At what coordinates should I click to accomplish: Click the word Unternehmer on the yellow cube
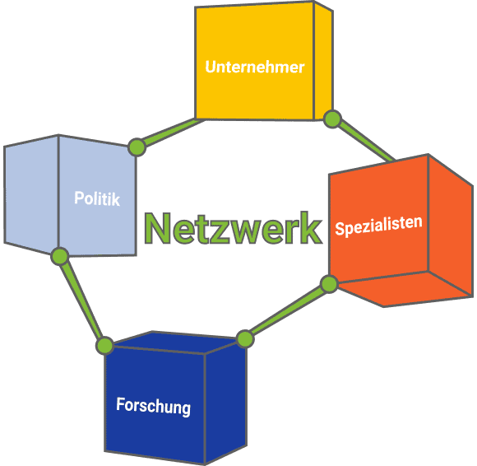point(255,67)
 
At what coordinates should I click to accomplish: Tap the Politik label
point(97,198)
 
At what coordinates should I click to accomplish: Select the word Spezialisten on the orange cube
point(379,226)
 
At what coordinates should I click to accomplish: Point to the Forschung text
point(153,407)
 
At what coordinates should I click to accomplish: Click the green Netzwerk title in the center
point(233,228)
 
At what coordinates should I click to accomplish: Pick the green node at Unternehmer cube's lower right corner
point(332,119)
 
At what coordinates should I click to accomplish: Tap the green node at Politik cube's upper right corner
point(137,147)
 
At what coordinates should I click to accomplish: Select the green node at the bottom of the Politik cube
point(60,256)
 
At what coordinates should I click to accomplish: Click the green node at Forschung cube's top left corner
point(105,346)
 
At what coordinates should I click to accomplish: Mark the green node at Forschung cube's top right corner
point(245,338)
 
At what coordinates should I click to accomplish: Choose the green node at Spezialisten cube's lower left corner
point(329,284)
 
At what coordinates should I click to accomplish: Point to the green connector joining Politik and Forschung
point(81,300)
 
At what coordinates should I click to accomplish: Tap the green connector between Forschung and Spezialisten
point(287,310)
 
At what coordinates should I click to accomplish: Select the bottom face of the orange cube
point(401,288)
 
